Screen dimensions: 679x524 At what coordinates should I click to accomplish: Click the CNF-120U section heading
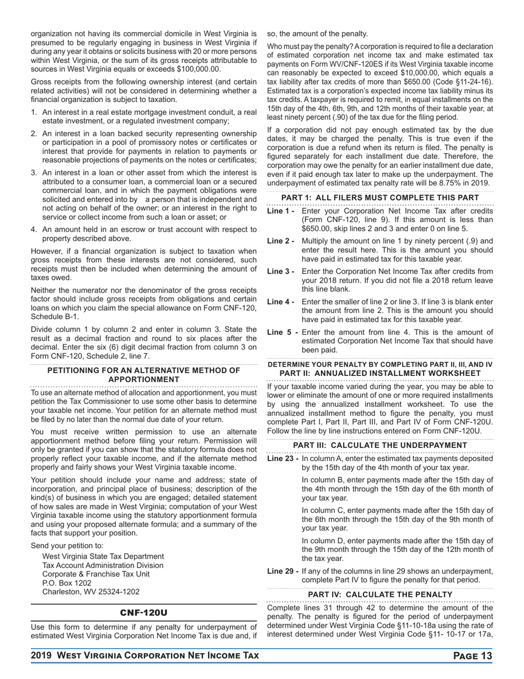tap(143, 613)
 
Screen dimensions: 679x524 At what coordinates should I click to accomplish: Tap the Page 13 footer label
tap(472, 656)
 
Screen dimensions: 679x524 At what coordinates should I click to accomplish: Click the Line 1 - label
tap(281, 211)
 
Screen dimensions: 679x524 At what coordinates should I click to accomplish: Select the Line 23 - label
tap(283, 459)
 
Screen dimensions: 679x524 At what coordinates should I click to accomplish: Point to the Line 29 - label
tap(283, 571)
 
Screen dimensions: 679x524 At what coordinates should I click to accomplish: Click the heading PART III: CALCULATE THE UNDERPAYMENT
tap(380, 445)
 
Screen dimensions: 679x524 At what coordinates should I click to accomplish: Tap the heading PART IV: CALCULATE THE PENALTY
tap(380, 595)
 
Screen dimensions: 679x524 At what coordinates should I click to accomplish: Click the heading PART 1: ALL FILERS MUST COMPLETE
tap(380, 198)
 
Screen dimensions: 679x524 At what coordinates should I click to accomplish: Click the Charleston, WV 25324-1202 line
tap(91, 592)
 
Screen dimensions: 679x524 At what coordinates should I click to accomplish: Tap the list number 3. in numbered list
tap(34, 173)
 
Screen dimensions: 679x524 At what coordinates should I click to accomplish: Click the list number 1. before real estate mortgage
tap(34, 112)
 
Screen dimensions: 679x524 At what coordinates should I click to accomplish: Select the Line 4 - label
tap(281, 302)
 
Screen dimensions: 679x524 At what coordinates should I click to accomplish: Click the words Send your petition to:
tap(67, 545)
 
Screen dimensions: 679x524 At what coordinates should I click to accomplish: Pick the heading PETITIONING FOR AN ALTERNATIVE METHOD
tap(143, 371)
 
